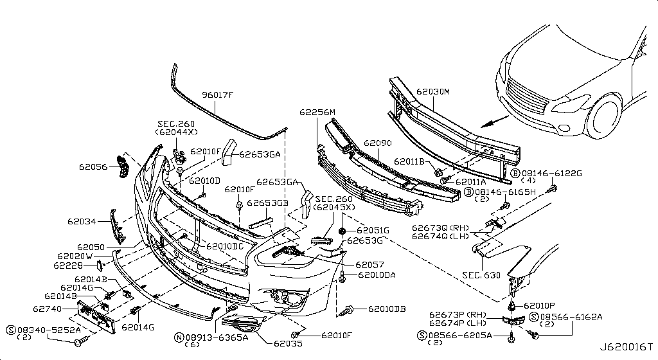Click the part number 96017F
217,95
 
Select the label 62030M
433,91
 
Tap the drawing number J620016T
626,347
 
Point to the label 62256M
317,113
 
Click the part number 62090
378,143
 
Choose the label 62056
93,167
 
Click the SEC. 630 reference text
481,275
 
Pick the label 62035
288,344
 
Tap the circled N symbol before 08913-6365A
179,337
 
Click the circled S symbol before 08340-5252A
12,330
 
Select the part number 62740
47,309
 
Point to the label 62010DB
387,309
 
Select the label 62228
68,265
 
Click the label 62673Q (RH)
440,228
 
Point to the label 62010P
539,306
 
